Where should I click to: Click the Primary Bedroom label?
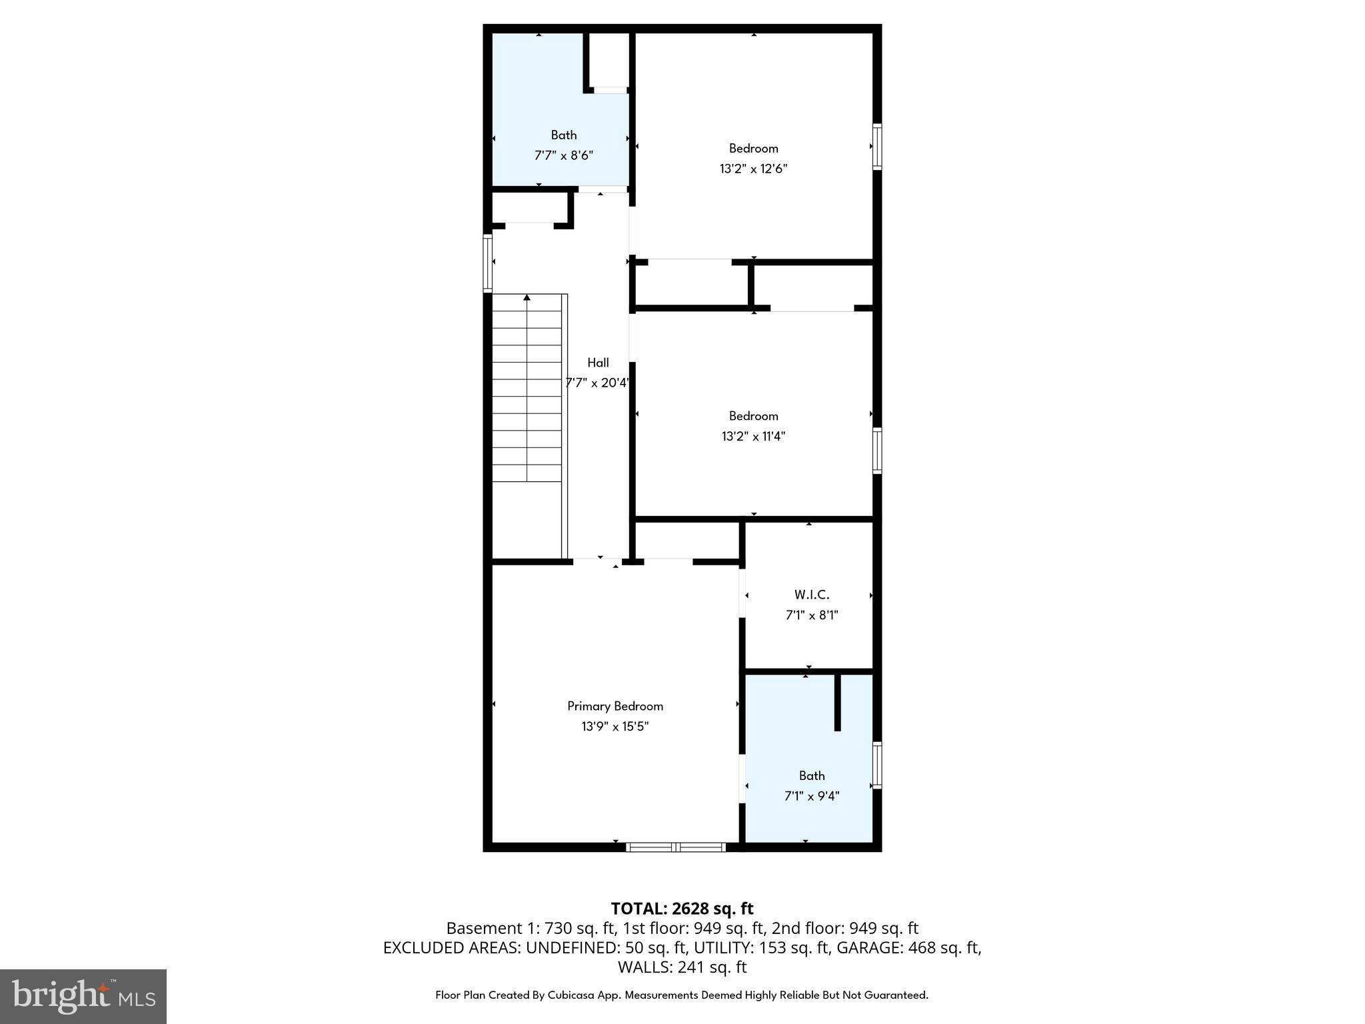pyautogui.click(x=615, y=706)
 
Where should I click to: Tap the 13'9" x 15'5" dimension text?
pyautogui.click(x=615, y=727)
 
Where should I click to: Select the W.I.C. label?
pyautogui.click(x=811, y=595)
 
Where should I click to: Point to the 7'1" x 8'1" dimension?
pyautogui.click(x=811, y=615)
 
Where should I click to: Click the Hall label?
pyautogui.click(x=598, y=363)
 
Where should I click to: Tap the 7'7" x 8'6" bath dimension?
pyautogui.click(x=563, y=156)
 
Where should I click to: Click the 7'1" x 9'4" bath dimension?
pyautogui.click(x=811, y=796)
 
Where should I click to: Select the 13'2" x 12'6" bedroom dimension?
pyautogui.click(x=753, y=169)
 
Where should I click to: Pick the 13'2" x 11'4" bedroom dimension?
pyautogui.click(x=753, y=437)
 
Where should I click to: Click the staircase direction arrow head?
pyautogui.click(x=527, y=297)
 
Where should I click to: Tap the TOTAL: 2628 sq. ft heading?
pyautogui.click(x=682, y=909)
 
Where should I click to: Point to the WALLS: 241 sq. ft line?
pyautogui.click(x=682, y=967)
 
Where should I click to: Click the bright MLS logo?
pyautogui.click(x=83, y=997)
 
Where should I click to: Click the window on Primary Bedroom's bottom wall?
pyautogui.click(x=675, y=847)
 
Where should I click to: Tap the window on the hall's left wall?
pyautogui.click(x=488, y=263)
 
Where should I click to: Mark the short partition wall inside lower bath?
pyautogui.click(x=838, y=702)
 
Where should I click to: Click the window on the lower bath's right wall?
pyautogui.click(x=877, y=765)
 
